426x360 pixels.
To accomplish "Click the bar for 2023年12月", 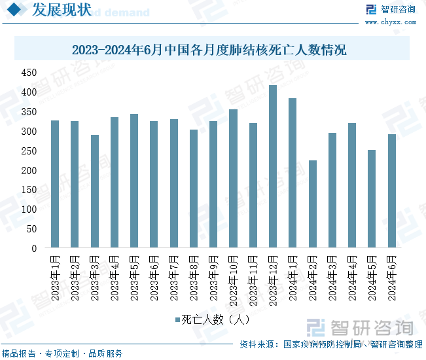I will click(273, 167).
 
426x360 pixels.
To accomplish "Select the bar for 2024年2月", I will click(313, 204).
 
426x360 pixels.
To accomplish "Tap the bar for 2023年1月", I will click(55, 185).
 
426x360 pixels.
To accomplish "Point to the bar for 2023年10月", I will click(233, 179).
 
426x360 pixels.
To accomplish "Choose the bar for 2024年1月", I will click(293, 173).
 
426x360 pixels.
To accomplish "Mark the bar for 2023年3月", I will click(95, 192).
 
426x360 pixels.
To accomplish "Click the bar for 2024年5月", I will click(372, 199).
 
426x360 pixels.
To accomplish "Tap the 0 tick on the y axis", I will click(33, 249).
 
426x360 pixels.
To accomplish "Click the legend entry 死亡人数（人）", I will click(212, 320).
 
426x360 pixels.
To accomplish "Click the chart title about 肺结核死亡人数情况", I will click(209, 50).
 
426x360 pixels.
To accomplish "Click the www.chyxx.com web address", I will click(391, 22).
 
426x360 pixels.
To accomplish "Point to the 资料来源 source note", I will click(330, 344).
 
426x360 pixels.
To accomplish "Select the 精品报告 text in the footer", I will click(18, 353).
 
